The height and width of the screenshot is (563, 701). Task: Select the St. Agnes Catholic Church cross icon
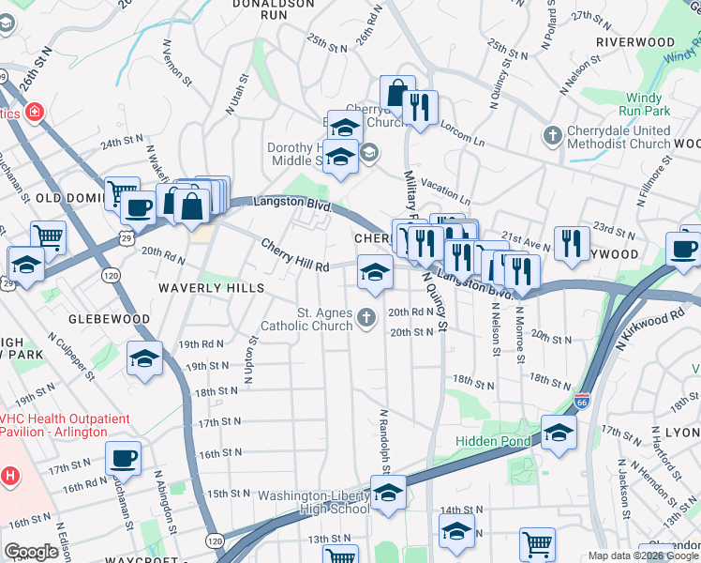coord(366,320)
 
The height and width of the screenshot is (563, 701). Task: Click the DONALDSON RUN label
coord(274,9)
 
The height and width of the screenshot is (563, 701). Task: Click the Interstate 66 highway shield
coord(582,401)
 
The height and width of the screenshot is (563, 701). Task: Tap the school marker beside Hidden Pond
coord(559,433)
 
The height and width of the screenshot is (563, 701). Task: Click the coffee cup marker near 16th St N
coord(124,458)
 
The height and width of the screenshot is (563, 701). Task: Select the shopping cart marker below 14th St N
coord(537,544)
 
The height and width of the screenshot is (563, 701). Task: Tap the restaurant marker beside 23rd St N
coord(571,241)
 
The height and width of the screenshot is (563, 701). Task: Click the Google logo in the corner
coord(32,552)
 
